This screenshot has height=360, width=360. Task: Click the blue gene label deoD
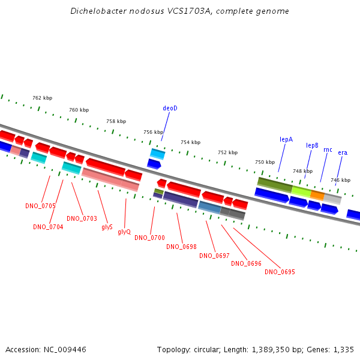170,108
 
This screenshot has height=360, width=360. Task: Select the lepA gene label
286,139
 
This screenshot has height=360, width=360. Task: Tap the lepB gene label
312,145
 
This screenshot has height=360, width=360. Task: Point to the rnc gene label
328,149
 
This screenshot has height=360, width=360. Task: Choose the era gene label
343,152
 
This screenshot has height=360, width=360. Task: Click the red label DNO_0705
40,206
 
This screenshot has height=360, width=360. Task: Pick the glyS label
107,227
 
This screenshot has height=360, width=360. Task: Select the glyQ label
124,232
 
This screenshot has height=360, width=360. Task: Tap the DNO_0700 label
149,238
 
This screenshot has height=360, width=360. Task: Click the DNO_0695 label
280,272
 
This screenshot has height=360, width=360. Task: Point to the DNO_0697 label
214,256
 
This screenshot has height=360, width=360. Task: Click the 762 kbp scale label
43,98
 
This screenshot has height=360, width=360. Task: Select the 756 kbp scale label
154,132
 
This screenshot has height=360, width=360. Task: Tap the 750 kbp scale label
265,162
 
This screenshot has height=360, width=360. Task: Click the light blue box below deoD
157,154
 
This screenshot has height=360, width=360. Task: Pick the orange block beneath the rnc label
317,195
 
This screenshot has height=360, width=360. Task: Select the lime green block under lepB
301,191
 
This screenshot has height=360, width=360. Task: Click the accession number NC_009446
65,350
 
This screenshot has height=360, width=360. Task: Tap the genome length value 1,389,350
271,350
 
